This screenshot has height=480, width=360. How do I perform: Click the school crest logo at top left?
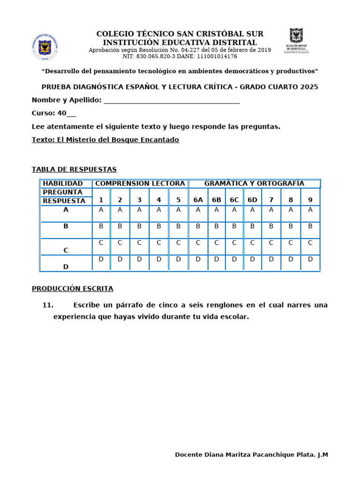click(45, 47)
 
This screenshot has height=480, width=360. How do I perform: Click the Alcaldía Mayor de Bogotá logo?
click(296, 41)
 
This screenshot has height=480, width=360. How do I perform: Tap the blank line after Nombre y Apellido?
click(171, 100)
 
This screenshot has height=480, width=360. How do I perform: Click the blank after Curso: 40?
click(71, 113)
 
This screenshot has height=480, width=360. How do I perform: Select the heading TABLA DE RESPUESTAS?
click(74, 169)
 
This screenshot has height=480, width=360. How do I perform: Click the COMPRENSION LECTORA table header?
click(140, 183)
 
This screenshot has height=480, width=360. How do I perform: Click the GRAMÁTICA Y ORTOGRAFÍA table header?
click(254, 183)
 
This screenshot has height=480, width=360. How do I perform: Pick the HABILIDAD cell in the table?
click(63, 183)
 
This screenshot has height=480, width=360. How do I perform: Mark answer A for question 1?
click(101, 210)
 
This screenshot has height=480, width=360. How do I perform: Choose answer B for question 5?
click(178, 226)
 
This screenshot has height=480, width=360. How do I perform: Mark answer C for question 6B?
click(216, 242)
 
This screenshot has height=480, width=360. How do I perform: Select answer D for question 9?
click(310, 259)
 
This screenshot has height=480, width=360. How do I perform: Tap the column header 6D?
click(252, 200)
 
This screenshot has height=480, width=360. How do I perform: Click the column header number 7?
click(271, 200)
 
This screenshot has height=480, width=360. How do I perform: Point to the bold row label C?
click(66, 250)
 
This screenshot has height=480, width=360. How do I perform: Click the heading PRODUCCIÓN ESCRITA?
click(73, 289)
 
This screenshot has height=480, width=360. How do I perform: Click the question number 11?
click(48, 305)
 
